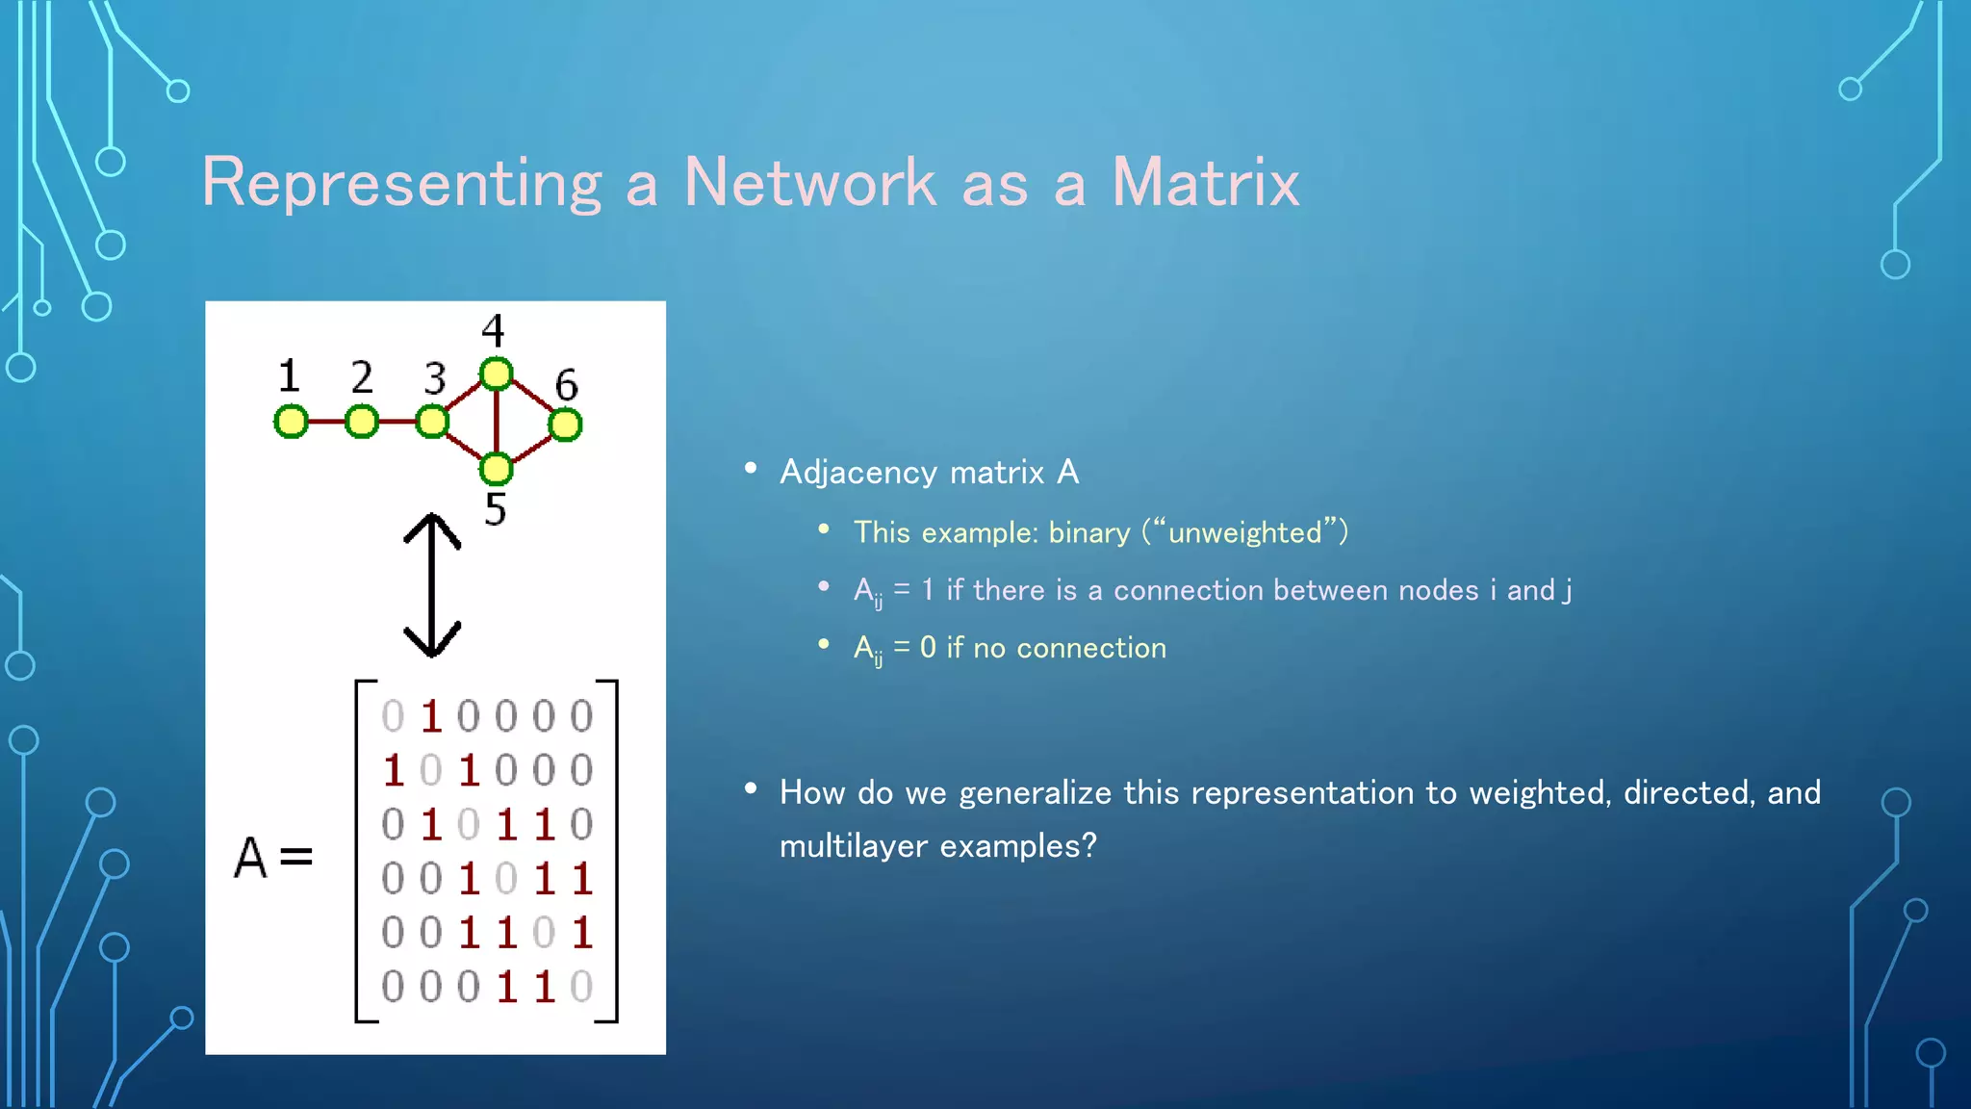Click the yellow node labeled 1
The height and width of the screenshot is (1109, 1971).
coord(291,422)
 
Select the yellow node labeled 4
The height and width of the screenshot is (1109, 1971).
coord(496,374)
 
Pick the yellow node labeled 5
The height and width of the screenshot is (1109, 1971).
coord(496,469)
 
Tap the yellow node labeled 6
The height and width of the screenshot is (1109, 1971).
coord(565,425)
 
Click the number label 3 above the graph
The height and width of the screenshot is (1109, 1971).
coord(435,378)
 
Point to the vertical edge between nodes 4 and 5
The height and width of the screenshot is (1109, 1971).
coord(496,422)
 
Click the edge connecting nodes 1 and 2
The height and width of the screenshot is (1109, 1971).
coord(326,422)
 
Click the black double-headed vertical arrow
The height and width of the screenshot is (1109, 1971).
coord(432,584)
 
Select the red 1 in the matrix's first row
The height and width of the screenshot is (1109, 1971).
coord(431,716)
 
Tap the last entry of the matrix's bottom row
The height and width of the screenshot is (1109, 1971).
coord(581,987)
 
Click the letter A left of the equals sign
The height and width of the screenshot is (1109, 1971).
coord(250,857)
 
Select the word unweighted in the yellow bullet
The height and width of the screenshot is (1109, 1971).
coord(1244,532)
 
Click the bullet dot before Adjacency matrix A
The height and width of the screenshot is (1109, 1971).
coord(751,469)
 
